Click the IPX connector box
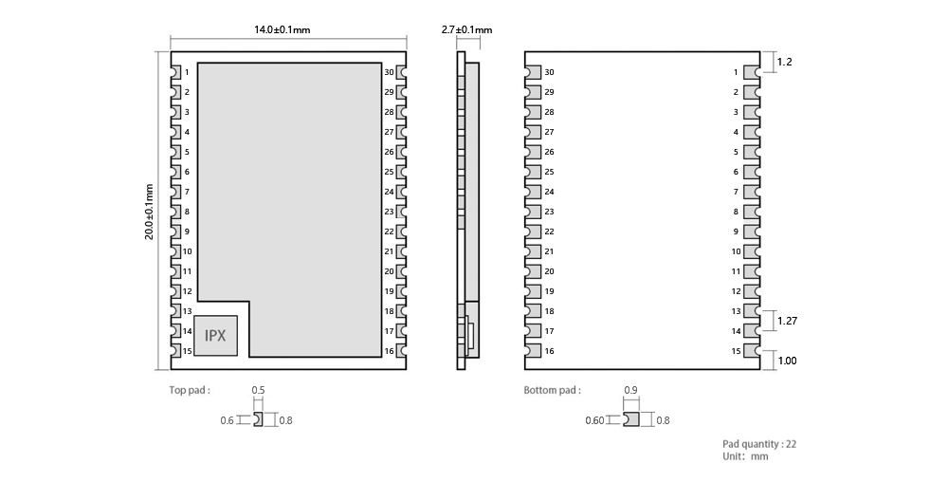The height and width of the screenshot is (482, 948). coord(215,335)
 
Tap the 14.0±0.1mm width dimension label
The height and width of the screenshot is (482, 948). coord(283,29)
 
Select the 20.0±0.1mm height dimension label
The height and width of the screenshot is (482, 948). coord(149,212)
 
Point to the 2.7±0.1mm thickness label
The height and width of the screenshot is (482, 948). coord(466,29)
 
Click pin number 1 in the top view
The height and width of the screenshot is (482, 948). coord(187,72)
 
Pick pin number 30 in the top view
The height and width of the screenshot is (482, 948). coord(389,72)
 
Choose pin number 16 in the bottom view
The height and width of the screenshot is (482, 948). coord(549,351)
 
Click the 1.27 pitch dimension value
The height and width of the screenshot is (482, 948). coord(787,321)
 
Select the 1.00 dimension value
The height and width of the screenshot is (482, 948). coord(787,361)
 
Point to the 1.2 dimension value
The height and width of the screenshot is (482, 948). coord(784,62)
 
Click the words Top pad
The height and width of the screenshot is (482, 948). coord(190,390)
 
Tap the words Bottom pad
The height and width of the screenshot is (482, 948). coord(552,390)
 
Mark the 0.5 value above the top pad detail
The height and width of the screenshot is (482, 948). coord(258,390)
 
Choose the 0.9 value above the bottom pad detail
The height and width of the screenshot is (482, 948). coord(630,390)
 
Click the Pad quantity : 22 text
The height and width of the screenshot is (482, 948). coord(759,444)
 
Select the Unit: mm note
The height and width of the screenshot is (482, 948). coord(745,456)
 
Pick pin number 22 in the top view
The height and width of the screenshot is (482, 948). coord(389,232)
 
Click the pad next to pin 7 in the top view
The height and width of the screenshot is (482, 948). coord(176,192)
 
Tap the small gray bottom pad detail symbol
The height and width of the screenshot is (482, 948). coord(631,419)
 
